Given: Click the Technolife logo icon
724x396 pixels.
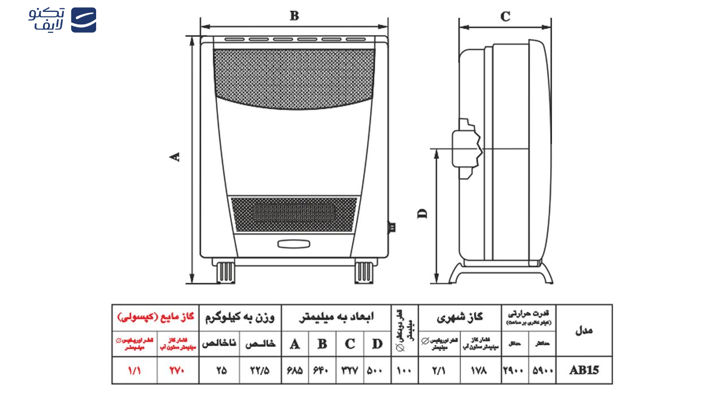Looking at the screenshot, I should tap(84, 20).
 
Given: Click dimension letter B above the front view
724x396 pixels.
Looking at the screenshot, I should tap(294, 16).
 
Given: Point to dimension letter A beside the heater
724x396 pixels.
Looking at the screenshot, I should tap(176, 157).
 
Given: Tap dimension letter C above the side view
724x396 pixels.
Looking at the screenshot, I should tap(505, 16).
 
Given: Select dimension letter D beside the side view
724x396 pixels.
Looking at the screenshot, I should tap(422, 213).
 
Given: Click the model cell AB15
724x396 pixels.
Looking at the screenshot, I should tap(584, 371).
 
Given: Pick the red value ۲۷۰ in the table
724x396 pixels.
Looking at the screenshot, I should tap(178, 371).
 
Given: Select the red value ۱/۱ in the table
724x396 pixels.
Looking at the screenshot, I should tap(135, 371).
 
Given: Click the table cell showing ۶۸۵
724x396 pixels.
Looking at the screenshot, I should tap(295, 371).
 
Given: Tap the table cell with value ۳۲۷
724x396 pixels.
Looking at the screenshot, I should tap(350, 371).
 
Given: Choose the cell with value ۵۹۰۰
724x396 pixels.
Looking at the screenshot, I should tap(542, 371).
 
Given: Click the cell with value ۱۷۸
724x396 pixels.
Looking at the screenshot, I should tap(481, 371).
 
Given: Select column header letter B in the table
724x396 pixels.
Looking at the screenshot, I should tap(322, 343).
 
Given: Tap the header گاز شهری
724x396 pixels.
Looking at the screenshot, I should tap(459, 317).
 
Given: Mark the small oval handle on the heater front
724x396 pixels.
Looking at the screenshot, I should tap(294, 244).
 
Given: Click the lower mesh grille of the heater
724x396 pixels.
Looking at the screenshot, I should tap(294, 214).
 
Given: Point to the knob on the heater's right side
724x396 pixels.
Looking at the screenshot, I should tap(391, 227).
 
